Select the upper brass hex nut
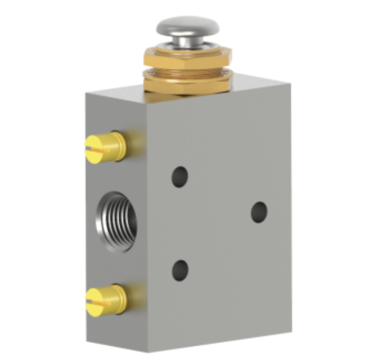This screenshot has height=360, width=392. [187, 57]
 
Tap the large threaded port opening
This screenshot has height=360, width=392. [116, 221]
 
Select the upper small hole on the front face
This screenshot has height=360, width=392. [180, 176]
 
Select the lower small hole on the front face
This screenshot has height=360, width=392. [180, 270]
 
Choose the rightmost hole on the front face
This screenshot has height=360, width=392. [259, 212]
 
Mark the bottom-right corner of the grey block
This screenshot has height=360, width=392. [291, 331]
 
